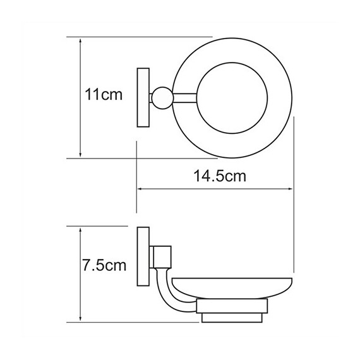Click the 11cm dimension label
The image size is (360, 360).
(104, 94)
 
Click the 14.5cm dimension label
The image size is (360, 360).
(220, 176)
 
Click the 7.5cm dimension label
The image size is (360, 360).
(104, 265)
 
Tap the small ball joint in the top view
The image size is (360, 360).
(162, 98)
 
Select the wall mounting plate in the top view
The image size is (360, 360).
(143, 97)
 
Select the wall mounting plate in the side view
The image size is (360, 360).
(143, 256)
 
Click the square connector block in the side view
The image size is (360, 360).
(162, 257)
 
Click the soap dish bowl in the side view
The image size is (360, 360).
(232, 288)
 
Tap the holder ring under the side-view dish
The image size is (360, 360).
(232, 306)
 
